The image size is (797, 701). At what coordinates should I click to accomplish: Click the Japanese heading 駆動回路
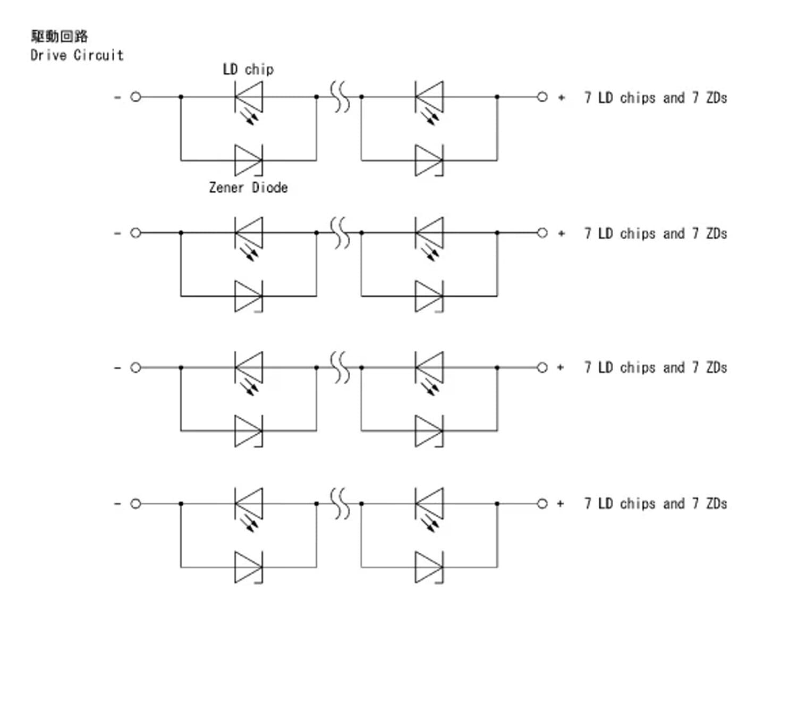coord(59,36)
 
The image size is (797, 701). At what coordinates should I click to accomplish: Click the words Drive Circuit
coord(77,55)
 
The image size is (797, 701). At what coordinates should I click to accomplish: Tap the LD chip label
coord(248,70)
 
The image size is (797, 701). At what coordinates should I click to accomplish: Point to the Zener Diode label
coord(248,188)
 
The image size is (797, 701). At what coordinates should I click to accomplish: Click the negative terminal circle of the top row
coord(135,97)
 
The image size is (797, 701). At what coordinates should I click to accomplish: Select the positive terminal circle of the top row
coord(542,97)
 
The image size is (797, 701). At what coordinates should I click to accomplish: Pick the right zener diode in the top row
coord(429,160)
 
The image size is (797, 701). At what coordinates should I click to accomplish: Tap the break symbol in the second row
coord(340,233)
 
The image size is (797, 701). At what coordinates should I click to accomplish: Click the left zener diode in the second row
coord(248,296)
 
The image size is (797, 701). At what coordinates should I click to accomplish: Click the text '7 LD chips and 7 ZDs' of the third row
coord(655,367)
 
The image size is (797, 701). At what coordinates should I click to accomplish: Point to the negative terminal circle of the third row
coord(135,367)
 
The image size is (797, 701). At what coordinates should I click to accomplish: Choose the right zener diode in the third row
coord(429,430)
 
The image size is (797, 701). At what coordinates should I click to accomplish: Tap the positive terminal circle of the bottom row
coord(542,503)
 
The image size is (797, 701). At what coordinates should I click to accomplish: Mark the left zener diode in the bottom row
coord(248,567)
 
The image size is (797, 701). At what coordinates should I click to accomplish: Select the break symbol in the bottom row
coord(340,503)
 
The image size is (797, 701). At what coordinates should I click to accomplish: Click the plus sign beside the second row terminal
coord(561,233)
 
